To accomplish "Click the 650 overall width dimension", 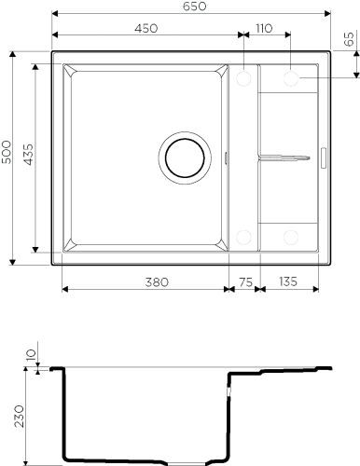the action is point(194,7).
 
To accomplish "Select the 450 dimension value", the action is point(146,28).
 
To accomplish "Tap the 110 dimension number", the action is point(264,28).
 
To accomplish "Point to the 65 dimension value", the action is point(350,39).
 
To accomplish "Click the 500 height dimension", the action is point(7,152).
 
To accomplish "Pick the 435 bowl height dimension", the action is point(28,154).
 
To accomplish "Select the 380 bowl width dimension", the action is point(157,281).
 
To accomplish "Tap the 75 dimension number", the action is point(245,281).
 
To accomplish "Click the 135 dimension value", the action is point(288,281).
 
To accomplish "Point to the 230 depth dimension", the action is point(19,416).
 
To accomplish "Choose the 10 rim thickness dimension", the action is point(32,354).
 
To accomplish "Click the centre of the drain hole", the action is point(185,158).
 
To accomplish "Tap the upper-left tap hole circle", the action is point(243,78).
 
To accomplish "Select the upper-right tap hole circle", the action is point(291,78).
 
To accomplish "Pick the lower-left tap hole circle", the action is point(243,238).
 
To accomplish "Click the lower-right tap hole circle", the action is point(291,238).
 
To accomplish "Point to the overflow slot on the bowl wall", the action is point(226,158).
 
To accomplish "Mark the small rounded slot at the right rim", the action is point(324,158).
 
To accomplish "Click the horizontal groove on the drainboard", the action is point(284,158).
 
